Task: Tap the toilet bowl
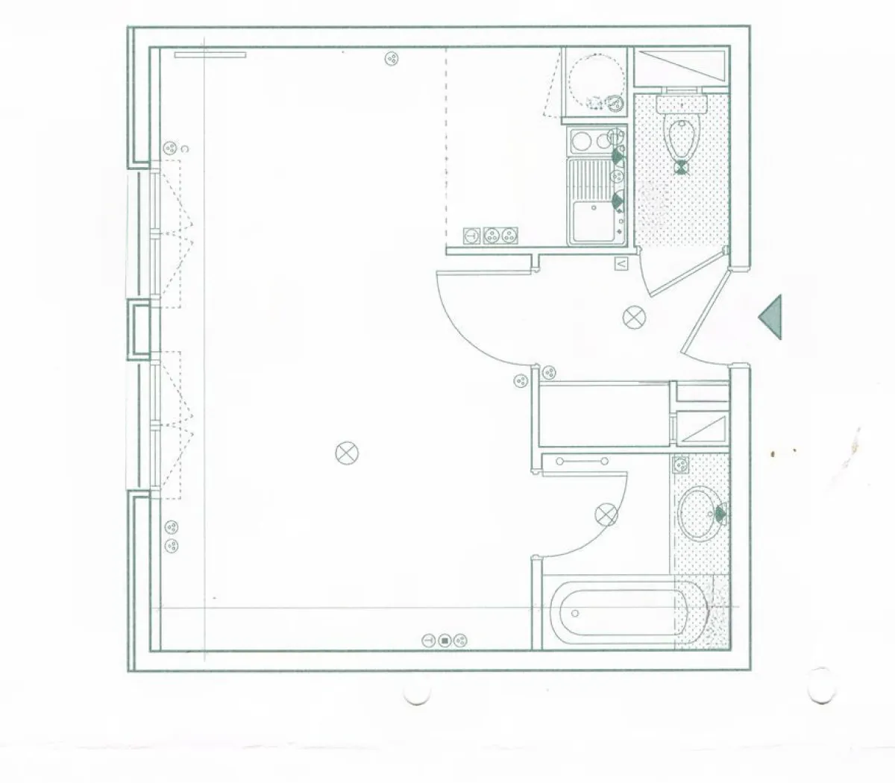682,137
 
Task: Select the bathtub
618,614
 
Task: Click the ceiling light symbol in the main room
348,453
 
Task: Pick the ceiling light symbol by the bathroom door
607,515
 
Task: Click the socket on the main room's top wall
390,58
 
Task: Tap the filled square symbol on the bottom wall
445,641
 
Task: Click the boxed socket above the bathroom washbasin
680,464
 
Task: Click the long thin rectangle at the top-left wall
210,54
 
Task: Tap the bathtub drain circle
574,614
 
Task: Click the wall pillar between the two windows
139,329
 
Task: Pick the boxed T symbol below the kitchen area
471,236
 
